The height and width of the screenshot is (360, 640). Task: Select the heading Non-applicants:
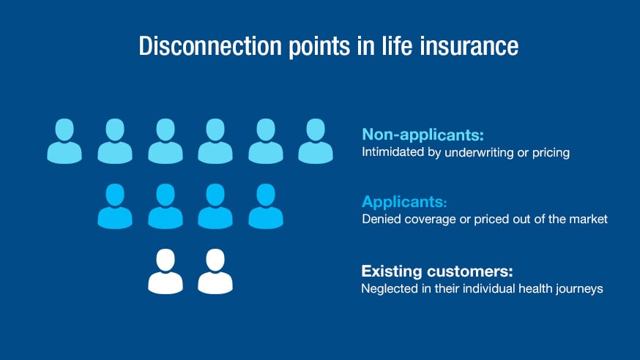click(x=423, y=135)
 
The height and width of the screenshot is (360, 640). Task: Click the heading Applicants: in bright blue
click(x=404, y=201)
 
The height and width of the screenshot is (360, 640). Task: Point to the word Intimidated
click(x=392, y=153)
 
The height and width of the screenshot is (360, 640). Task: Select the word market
click(x=590, y=220)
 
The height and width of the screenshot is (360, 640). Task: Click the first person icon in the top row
click(x=64, y=141)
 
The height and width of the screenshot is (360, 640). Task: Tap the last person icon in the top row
click(x=316, y=141)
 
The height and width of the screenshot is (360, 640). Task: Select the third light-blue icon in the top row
click(x=165, y=141)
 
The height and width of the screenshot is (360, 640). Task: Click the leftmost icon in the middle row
click(x=115, y=206)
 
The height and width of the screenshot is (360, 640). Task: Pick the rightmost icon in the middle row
click(x=266, y=206)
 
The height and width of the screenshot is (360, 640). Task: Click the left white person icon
click(x=165, y=271)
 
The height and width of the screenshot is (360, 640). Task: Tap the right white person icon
click(x=215, y=271)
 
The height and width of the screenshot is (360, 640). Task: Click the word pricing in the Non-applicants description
click(x=550, y=153)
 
